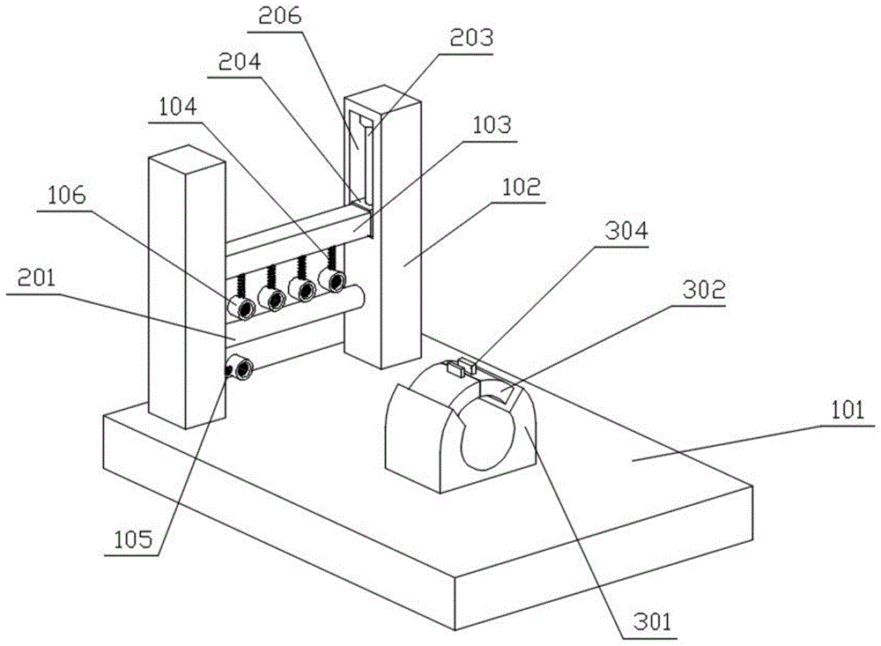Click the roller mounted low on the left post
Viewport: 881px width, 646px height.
[x=241, y=366]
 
